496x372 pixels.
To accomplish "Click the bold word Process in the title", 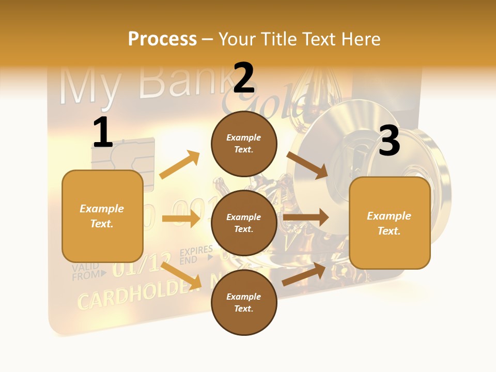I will point(162,39).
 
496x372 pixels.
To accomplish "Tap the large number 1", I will point(103,132).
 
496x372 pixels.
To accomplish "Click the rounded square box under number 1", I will point(102,216).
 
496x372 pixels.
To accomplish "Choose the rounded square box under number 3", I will point(390,223).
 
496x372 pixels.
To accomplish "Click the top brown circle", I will point(244,143).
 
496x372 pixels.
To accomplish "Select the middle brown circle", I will point(244,223).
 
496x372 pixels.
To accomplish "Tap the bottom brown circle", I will point(244,302).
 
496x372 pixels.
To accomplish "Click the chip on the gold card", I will point(123,154).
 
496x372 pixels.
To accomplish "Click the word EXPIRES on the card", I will point(196,252).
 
